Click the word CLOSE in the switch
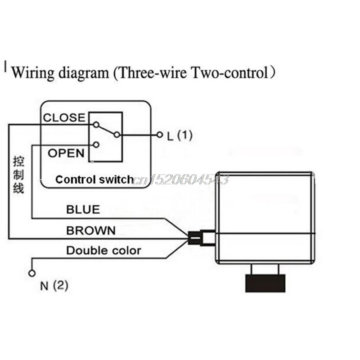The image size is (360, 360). (x=64, y=118)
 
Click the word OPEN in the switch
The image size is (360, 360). (x=66, y=153)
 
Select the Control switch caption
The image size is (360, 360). (x=94, y=180)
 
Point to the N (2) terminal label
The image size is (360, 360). (x=54, y=285)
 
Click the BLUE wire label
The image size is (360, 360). (x=83, y=209)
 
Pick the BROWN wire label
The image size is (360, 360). (x=90, y=230)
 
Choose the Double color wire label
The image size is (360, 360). (x=103, y=251)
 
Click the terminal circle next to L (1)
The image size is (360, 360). (x=159, y=135)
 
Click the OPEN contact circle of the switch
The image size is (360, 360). (x=95, y=144)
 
